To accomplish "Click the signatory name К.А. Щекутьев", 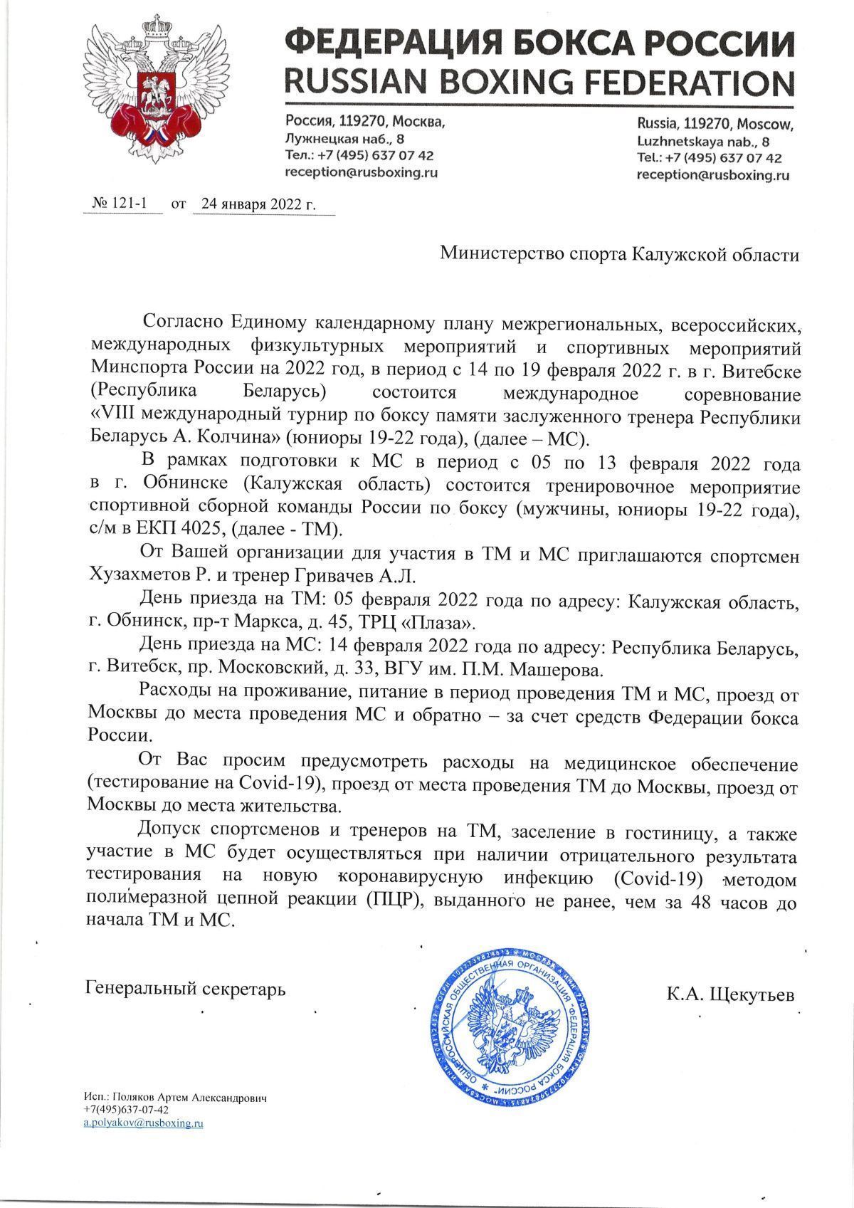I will [729, 994].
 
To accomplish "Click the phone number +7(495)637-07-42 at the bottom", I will [126, 1110].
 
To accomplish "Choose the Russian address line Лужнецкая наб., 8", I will [344, 139].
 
